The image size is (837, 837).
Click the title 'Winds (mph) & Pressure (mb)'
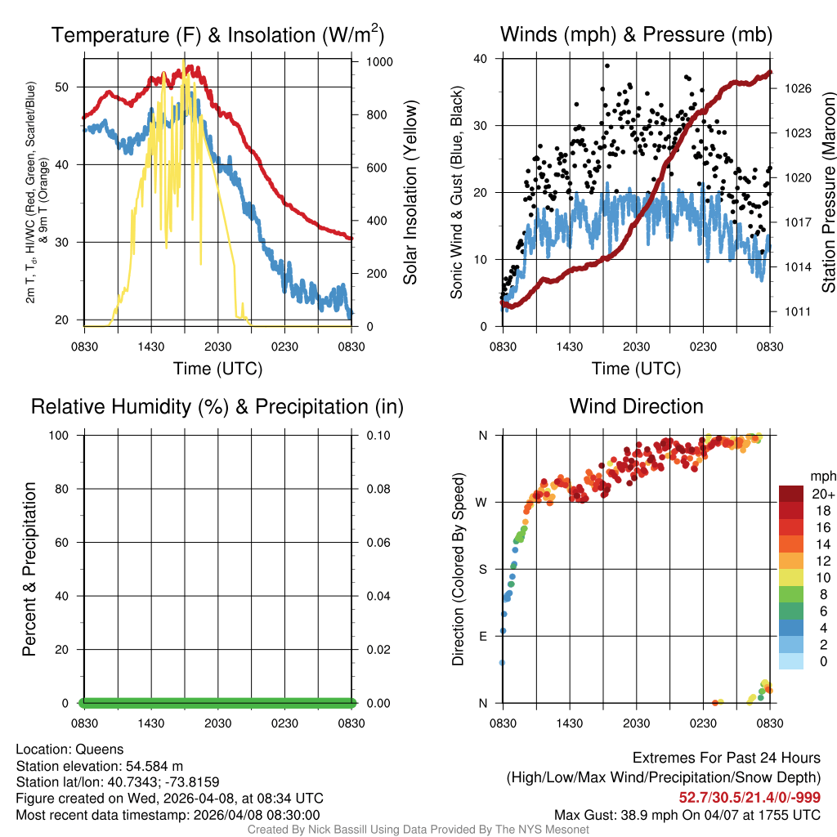click(636, 35)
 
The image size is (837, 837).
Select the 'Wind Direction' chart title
click(636, 406)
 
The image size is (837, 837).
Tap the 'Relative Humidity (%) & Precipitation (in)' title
click(217, 406)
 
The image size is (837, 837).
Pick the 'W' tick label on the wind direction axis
click(482, 502)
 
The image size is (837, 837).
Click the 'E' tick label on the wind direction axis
click(482, 636)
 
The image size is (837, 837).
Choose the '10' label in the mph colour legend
click(817, 578)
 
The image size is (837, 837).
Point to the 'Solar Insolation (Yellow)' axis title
click(410, 192)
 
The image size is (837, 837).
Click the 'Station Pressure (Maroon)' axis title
click(828, 192)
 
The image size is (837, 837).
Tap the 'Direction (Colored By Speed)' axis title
click(459, 568)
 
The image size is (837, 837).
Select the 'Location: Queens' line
click(69, 749)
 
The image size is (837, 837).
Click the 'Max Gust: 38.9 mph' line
click(687, 815)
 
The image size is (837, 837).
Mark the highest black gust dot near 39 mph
click(607, 66)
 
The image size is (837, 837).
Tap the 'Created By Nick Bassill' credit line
click(418, 830)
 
